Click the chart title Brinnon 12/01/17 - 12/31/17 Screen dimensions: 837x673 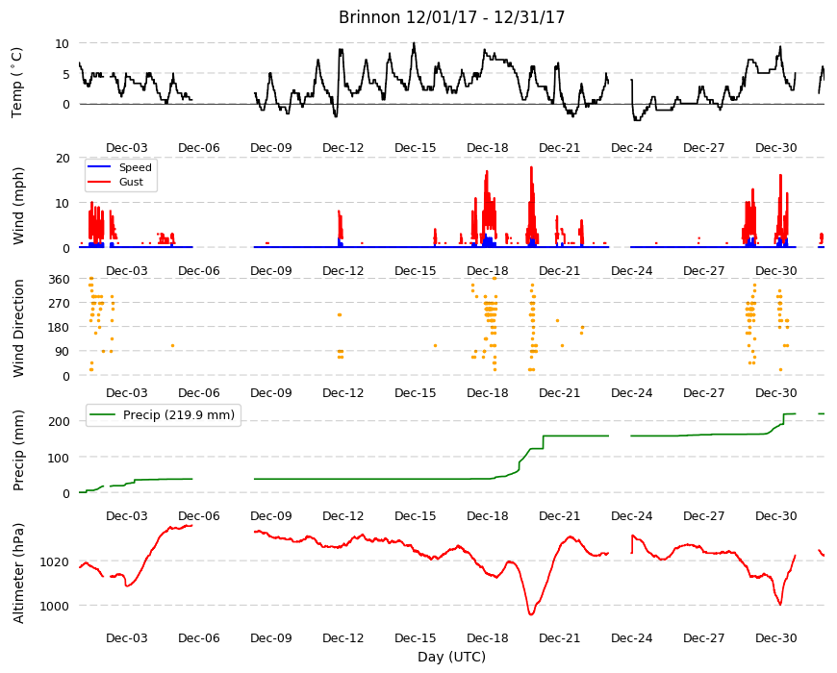pos(451,17)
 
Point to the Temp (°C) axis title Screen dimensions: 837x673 pos(17,83)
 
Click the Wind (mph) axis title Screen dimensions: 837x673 pos(18,206)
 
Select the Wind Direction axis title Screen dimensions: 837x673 pos(18,328)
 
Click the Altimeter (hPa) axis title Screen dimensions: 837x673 pos(18,573)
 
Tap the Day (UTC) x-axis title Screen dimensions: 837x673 pos(451,657)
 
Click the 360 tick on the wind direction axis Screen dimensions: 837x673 pos(60,280)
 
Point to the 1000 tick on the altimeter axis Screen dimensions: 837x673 pos(55,607)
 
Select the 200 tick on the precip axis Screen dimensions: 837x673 pos(60,421)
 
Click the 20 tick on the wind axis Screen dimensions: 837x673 pos(63,159)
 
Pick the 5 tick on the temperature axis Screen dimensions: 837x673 pos(66,74)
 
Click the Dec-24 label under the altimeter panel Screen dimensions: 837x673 pos(631,637)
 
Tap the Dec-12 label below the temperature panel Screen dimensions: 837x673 pos(342,148)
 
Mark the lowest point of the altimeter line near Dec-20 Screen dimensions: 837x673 pos(531,615)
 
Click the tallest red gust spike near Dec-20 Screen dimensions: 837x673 pos(531,167)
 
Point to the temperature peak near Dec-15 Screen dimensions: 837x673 pos(414,43)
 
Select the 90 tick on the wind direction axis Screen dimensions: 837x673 pos(63,352)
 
